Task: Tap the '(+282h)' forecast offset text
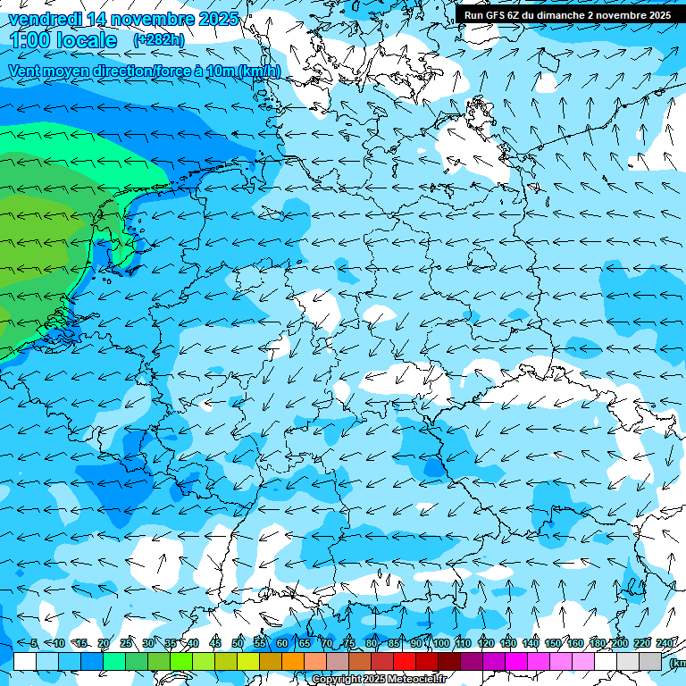coord(158,40)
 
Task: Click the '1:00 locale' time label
coord(63,40)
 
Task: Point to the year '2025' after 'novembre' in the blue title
coord(218,19)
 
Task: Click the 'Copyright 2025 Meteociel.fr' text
coord(380,680)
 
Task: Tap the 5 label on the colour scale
coord(34,643)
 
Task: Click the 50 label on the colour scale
coord(237,643)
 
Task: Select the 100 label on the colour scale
coord(440,643)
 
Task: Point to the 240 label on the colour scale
coord(665,643)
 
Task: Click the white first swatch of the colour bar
coord(25,661)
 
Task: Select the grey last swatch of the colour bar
coord(650,661)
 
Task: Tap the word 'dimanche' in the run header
coord(560,15)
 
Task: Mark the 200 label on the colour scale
coord(619,643)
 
